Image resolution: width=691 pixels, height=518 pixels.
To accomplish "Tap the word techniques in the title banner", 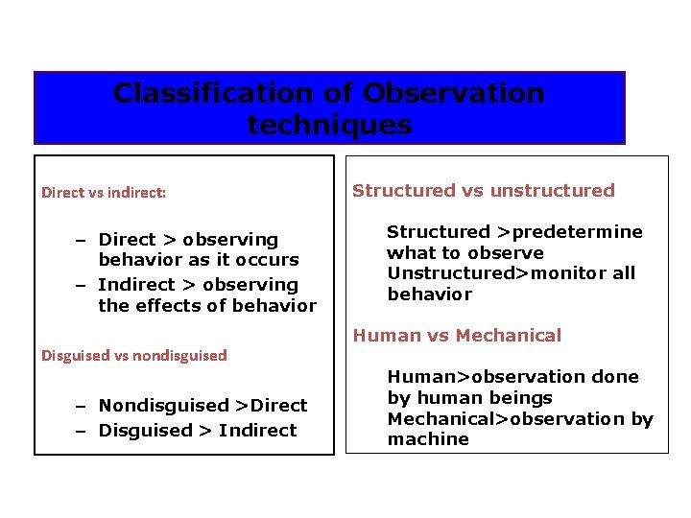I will point(329,125).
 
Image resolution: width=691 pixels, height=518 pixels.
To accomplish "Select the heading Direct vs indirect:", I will point(104,193).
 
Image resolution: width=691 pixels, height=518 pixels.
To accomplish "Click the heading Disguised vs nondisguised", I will point(134,355).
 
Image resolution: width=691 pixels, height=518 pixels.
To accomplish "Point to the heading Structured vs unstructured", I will point(483,190).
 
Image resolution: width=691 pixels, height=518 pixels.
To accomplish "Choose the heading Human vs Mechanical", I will point(457,335).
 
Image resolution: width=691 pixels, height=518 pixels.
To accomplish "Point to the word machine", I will point(415,439).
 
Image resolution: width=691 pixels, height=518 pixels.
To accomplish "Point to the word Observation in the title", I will point(453,94).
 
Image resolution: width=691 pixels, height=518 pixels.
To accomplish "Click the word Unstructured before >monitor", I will point(449,273).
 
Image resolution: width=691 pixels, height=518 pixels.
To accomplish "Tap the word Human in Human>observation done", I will point(416,377).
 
